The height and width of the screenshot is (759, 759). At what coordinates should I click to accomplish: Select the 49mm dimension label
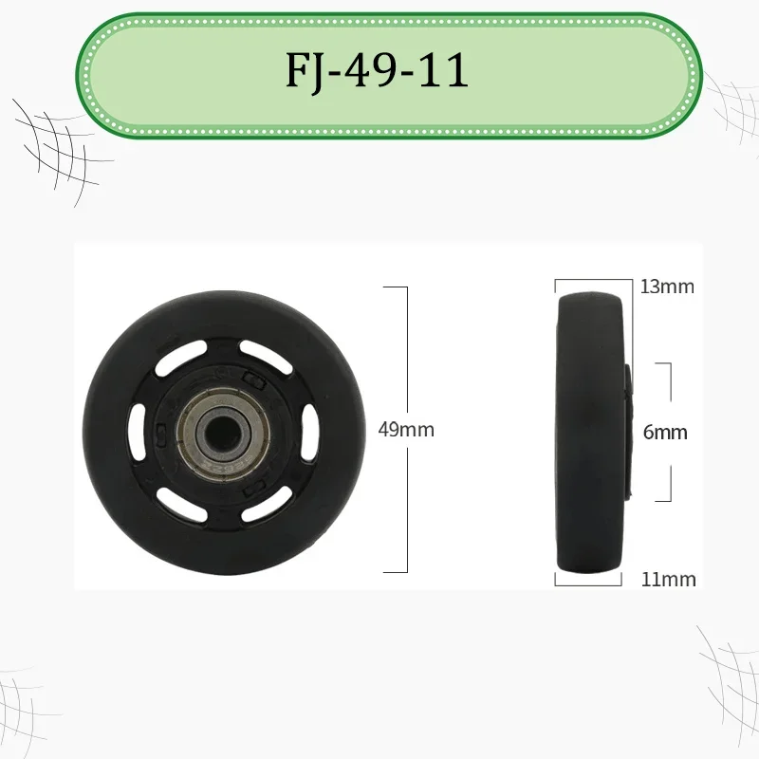pos(405,429)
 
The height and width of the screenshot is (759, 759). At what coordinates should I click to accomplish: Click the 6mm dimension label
pos(664,432)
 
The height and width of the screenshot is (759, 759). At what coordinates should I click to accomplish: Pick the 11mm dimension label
pos(667,579)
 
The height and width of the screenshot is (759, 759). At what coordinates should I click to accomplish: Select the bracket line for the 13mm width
pos(594,281)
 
